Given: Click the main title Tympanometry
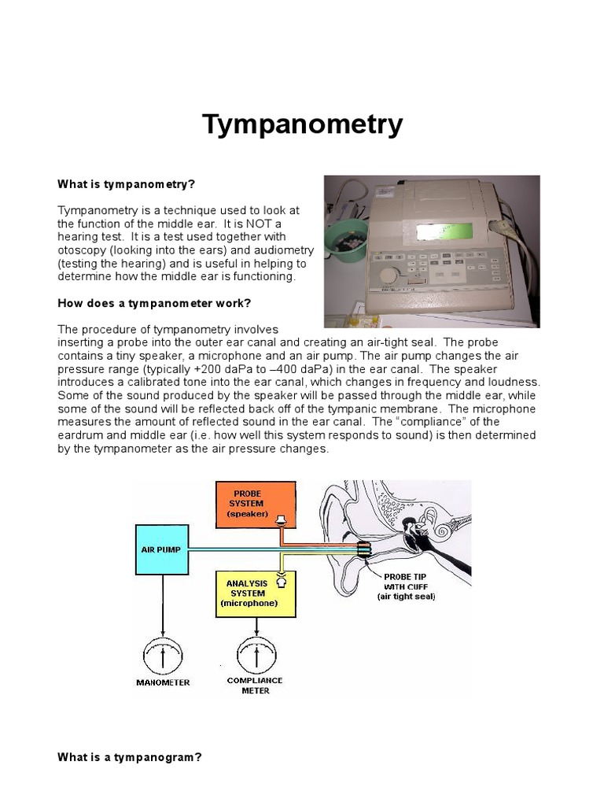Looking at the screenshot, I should tap(303, 124).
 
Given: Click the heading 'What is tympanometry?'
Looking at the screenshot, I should tap(126, 184).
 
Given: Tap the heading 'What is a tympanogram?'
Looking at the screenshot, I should tap(130, 757).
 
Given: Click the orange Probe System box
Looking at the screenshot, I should tap(256, 504).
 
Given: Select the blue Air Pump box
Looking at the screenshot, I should tap(162, 549).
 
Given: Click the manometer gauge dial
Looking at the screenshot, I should tap(163, 655).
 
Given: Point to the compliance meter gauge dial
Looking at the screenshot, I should tap(256, 655).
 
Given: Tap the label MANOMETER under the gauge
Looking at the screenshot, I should tap(163, 682).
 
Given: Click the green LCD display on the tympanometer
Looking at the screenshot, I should tap(446, 232).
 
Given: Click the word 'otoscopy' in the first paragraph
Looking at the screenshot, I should tap(82, 250).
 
